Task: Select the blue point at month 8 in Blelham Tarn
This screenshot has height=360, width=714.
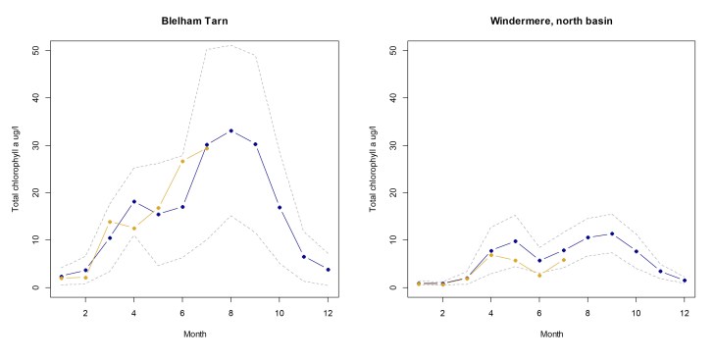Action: pos(230,130)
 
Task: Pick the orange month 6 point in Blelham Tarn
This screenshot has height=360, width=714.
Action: pos(182,161)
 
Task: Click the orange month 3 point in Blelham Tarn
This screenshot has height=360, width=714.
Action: pos(110,222)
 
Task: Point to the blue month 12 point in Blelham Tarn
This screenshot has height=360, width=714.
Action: pos(328,270)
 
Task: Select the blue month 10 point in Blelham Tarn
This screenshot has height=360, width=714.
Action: pos(280,207)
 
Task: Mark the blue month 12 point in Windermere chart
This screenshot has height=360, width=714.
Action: pos(685,281)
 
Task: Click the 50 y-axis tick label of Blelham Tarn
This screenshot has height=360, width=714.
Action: pos(35,50)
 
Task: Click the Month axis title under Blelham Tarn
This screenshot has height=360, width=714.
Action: pos(193,334)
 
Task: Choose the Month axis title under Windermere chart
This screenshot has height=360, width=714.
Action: pos(550,334)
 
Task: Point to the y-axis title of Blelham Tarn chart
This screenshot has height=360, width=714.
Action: pos(15,168)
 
